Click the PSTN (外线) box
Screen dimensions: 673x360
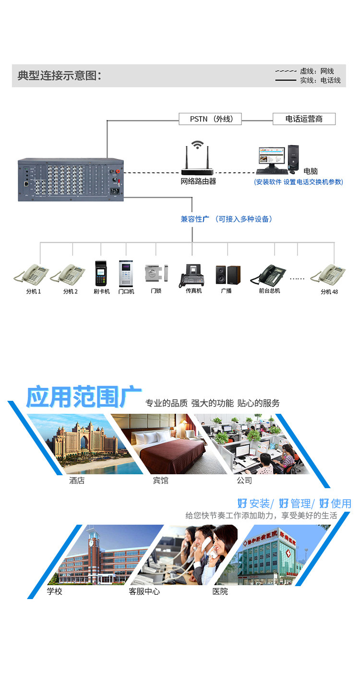pyautogui.click(x=210, y=119)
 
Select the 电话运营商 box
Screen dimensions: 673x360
pyautogui.click(x=304, y=119)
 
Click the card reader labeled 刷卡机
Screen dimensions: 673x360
pyautogui.click(x=101, y=274)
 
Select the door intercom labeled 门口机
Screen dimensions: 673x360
pyautogui.click(x=126, y=274)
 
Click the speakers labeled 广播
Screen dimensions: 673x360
pyautogui.click(x=227, y=275)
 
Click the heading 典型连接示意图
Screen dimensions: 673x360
pyautogui.click(x=60, y=76)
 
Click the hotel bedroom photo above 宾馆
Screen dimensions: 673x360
pyautogui.click(x=161, y=444)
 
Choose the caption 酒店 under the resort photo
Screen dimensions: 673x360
pyautogui.click(x=77, y=481)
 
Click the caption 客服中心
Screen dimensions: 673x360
pyautogui.click(x=144, y=591)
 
